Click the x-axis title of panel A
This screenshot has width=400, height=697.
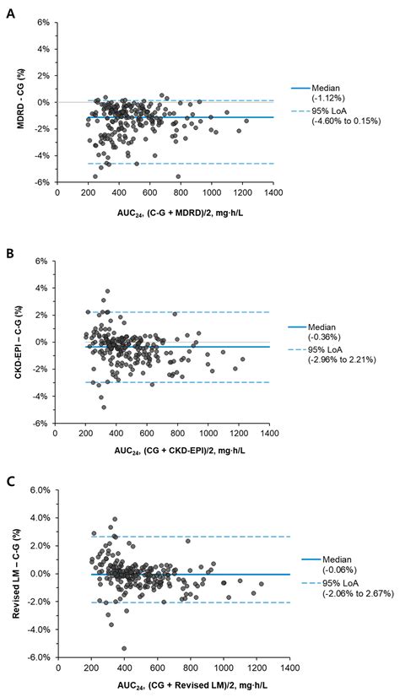(x=165, y=213)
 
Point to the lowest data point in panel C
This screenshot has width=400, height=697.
(x=124, y=648)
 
